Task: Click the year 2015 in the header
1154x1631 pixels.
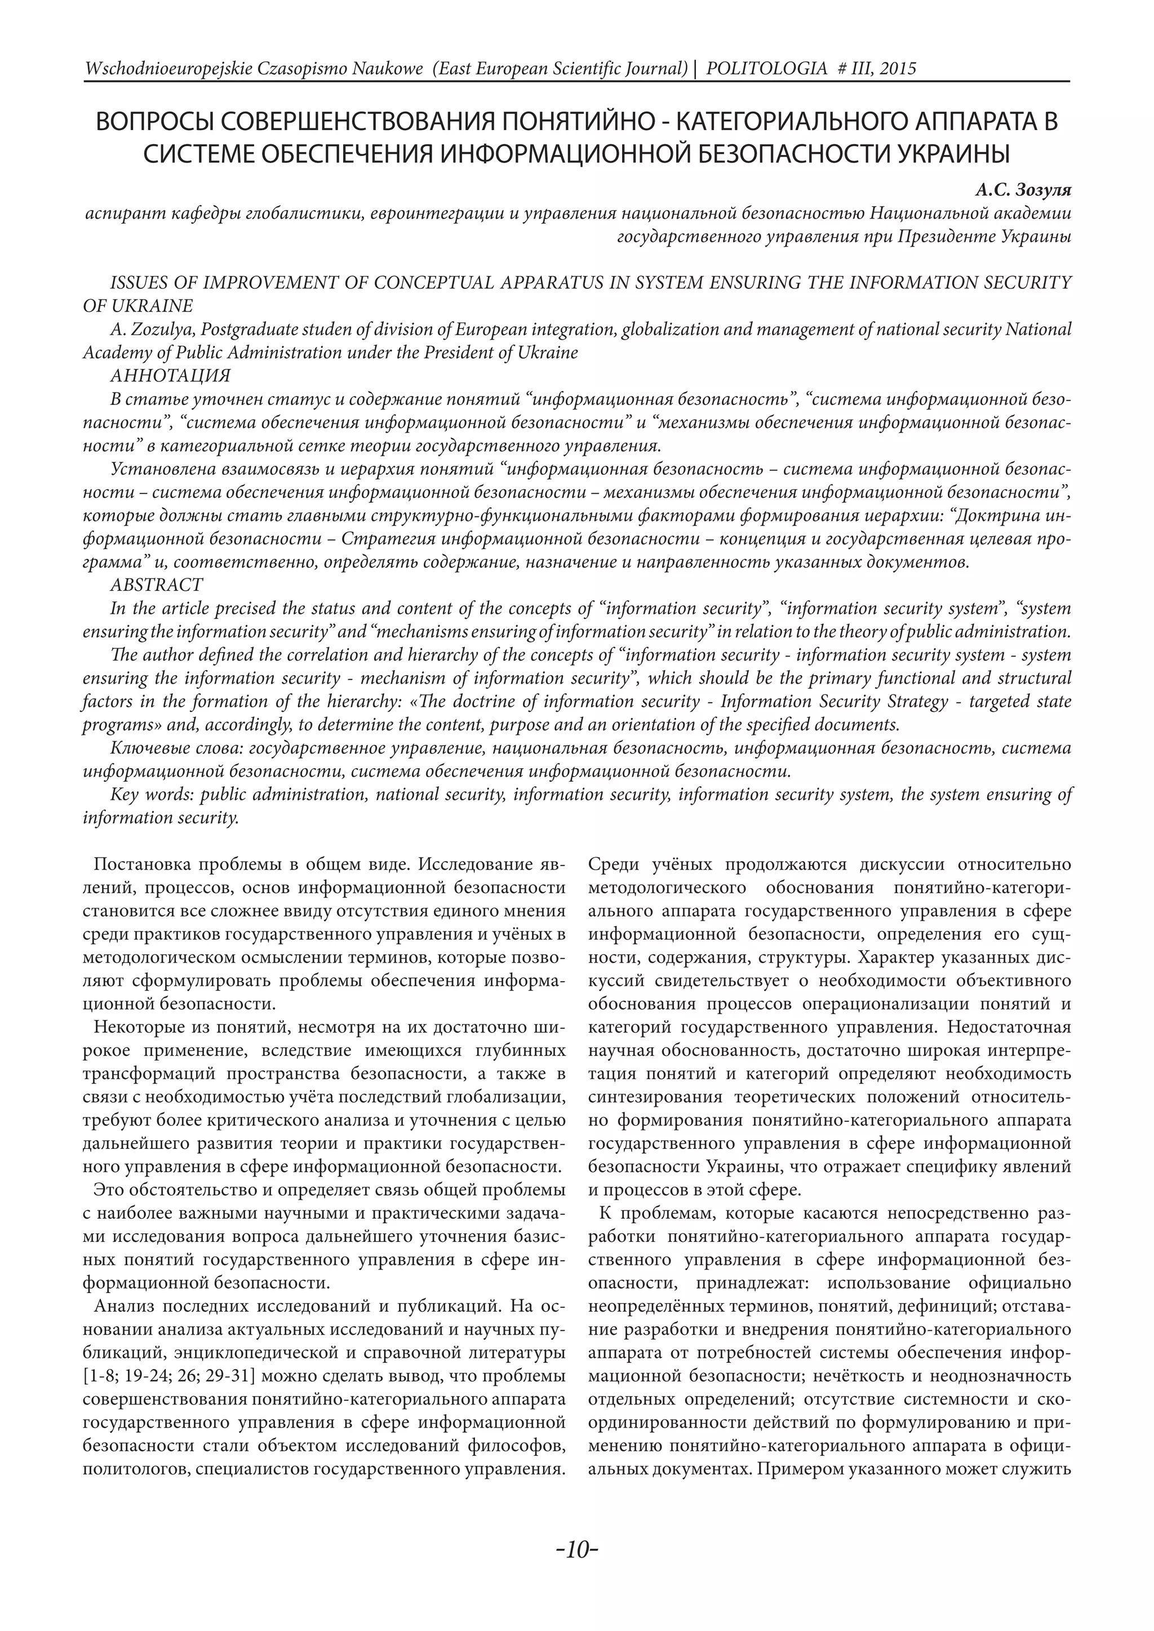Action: coord(893,69)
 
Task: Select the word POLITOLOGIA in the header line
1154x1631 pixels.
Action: coord(767,69)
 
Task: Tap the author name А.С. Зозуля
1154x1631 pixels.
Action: coord(1023,190)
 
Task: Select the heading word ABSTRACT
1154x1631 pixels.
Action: coord(156,585)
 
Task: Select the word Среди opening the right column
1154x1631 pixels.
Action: coord(615,865)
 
